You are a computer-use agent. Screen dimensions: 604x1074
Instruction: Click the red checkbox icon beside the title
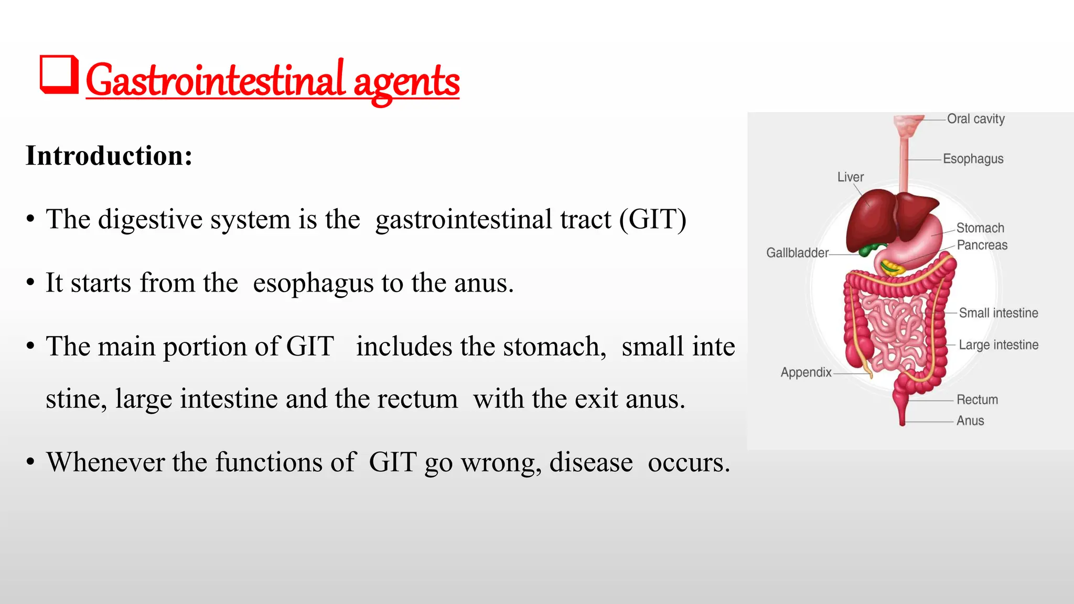click(59, 75)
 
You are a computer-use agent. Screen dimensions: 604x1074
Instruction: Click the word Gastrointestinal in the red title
click(215, 81)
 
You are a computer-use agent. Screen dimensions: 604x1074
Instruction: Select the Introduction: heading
click(109, 156)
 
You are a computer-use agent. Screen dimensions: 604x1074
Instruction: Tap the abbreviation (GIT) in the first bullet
click(652, 219)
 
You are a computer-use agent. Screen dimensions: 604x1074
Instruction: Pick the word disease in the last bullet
click(590, 462)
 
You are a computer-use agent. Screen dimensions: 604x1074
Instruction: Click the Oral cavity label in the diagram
click(975, 119)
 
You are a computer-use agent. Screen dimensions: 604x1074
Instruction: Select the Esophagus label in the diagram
click(973, 159)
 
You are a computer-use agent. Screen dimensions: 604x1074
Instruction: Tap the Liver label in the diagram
click(850, 177)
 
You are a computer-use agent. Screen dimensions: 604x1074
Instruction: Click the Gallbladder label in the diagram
click(797, 253)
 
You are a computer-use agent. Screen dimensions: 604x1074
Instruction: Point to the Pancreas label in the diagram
click(982, 245)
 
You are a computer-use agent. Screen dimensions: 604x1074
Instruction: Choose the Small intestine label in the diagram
click(998, 313)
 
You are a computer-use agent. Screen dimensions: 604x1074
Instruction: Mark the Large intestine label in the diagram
click(998, 345)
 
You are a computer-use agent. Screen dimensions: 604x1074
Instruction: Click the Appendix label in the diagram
click(806, 372)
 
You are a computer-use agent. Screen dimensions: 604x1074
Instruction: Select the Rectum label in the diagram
click(977, 400)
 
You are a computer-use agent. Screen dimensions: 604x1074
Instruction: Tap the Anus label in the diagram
click(970, 420)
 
